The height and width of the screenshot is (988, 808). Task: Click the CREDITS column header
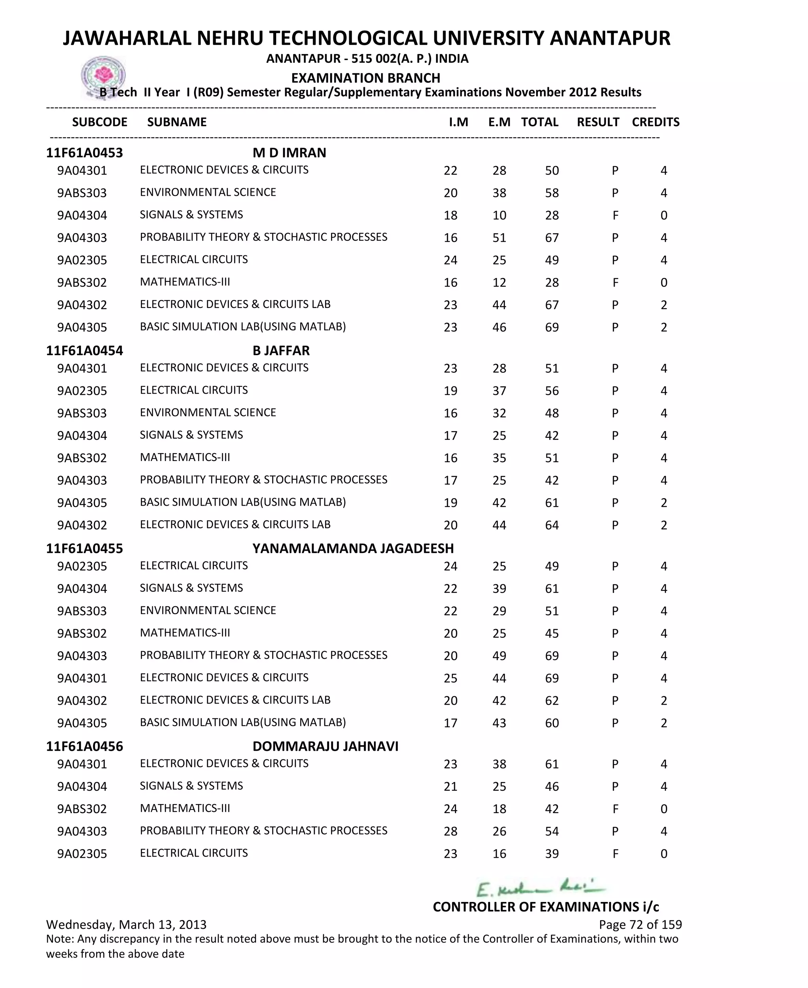tap(655, 122)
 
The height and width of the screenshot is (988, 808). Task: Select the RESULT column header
tap(598, 122)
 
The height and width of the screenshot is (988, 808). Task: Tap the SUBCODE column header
tap(99, 122)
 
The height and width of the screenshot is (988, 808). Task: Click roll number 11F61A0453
tap(84, 153)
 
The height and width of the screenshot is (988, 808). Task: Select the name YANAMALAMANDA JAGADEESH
tap(353, 549)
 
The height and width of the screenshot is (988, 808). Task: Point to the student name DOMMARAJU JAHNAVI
tap(325, 746)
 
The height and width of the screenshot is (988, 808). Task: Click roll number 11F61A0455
tap(84, 549)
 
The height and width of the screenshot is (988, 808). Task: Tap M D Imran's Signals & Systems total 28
tap(552, 216)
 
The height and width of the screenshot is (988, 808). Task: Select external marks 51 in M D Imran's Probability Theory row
tap(499, 238)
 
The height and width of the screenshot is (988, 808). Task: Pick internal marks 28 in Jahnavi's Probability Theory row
tap(450, 832)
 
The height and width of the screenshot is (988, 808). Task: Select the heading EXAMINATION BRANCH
tap(365, 78)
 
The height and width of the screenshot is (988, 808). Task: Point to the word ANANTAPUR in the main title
tap(610, 38)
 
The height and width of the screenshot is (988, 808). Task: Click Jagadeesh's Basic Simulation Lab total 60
tap(552, 723)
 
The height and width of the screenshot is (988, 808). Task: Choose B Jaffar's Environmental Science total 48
tap(552, 413)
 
